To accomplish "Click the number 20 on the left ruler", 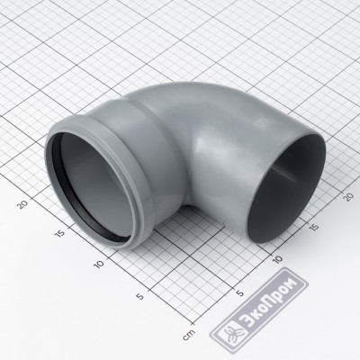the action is point(23,204).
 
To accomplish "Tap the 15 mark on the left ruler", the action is point(60,233).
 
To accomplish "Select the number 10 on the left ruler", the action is point(99,264).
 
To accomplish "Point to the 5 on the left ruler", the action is point(139,296).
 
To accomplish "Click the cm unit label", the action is point(189,335).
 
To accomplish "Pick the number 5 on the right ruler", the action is point(240,292).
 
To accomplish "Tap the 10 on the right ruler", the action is point(278,258).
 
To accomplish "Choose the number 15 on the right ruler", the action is point(313,227).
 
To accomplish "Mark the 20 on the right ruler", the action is point(348,196).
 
